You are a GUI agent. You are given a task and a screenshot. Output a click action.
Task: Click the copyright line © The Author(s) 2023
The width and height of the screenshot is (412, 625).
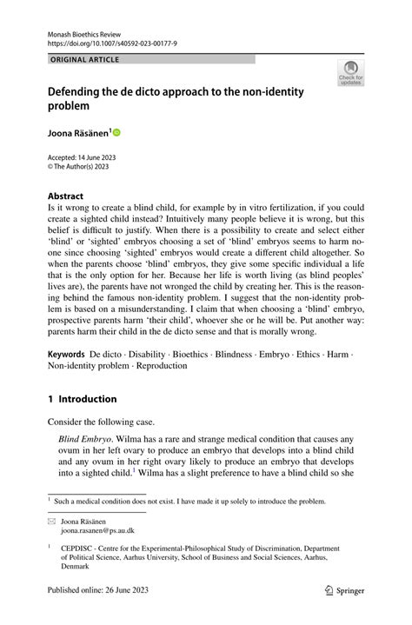click(83, 165)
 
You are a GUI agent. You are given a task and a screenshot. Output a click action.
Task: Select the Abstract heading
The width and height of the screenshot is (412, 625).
click(65, 196)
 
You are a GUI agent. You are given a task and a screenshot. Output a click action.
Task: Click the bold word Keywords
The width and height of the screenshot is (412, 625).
click(66, 356)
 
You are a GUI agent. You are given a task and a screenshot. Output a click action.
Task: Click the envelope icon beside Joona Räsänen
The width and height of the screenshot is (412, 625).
click(52, 520)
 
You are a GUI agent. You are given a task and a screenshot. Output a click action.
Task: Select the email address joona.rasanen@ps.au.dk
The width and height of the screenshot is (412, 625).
click(97, 529)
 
